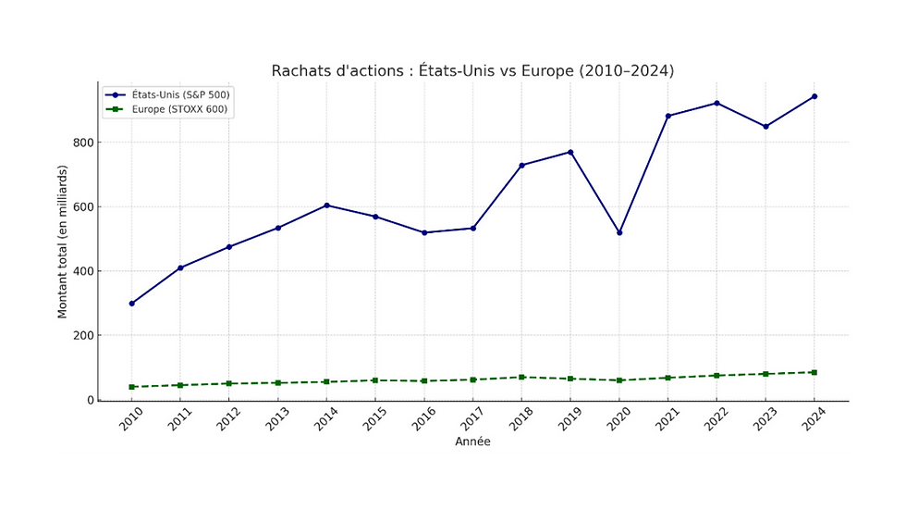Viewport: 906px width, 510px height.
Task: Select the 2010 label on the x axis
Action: (x=132, y=418)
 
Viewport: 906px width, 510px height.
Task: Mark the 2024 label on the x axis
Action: (x=814, y=418)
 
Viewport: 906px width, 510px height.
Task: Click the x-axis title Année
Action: (x=472, y=442)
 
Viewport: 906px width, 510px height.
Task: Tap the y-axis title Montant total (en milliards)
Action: (x=63, y=243)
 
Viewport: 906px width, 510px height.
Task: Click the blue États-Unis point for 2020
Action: (x=619, y=232)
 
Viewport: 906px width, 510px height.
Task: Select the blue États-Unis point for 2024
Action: (x=814, y=96)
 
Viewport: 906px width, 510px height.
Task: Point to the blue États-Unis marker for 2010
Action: (x=132, y=304)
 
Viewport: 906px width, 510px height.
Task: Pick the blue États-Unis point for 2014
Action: (x=327, y=205)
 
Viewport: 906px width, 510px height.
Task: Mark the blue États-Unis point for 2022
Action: (x=717, y=103)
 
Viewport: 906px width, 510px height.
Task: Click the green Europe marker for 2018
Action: (x=522, y=377)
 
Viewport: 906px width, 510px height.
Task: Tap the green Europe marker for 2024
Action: (x=814, y=372)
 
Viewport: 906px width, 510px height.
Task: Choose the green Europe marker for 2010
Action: (x=132, y=387)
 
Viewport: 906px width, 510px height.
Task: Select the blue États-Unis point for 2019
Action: (x=571, y=152)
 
